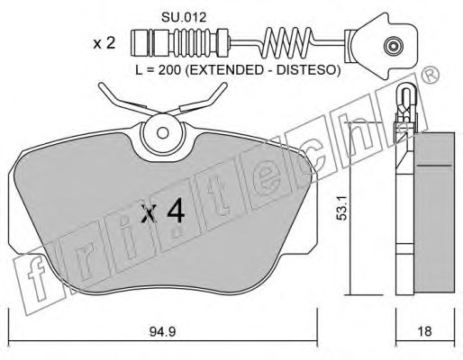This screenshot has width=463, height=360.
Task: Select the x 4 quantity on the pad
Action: click(x=164, y=213)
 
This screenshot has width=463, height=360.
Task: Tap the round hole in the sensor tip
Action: click(x=392, y=45)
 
